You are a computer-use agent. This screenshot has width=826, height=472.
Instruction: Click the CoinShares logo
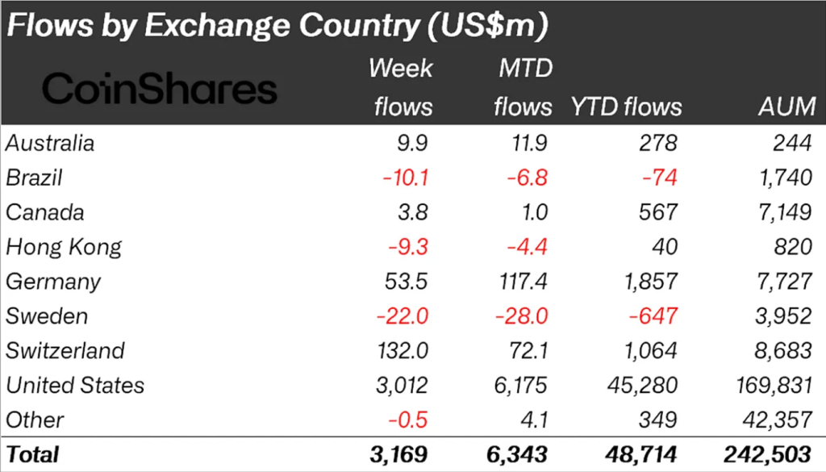[x=159, y=89]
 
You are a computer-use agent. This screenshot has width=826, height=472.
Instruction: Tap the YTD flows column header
[x=626, y=107]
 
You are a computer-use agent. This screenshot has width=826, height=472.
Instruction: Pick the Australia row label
[x=50, y=143]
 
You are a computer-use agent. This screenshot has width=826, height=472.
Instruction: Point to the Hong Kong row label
[x=64, y=246]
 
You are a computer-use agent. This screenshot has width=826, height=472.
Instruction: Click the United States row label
[x=75, y=385]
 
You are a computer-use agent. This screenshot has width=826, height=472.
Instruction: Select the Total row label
[x=33, y=453]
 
